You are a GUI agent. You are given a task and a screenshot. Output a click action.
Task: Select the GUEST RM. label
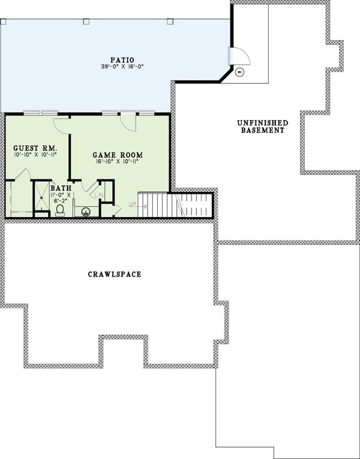(x=32, y=147)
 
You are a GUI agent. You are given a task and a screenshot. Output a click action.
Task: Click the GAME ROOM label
(x=122, y=154)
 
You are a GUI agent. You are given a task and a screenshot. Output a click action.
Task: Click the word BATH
(x=61, y=188)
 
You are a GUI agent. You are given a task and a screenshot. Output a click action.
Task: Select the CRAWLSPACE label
(x=114, y=275)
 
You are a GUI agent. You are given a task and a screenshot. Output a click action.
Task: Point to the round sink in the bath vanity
(x=86, y=211)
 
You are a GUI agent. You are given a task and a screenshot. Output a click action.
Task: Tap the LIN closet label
(x=100, y=194)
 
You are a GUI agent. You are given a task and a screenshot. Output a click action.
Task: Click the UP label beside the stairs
(x=133, y=205)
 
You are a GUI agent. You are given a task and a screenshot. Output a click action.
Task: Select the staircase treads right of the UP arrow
(x=154, y=204)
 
